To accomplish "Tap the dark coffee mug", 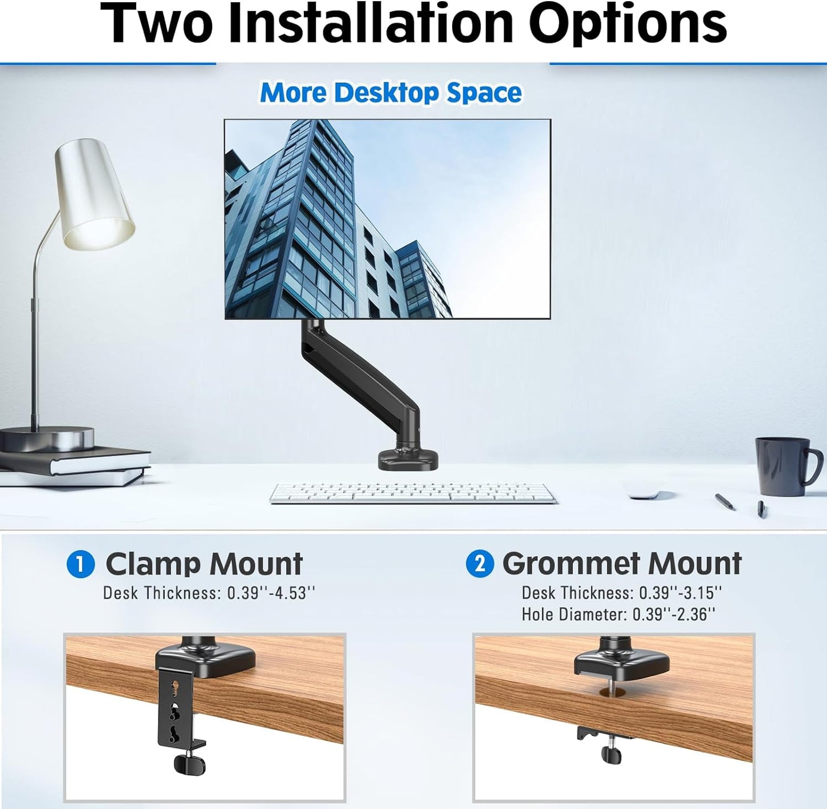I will click(x=785, y=466).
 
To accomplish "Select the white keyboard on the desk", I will click(x=412, y=492).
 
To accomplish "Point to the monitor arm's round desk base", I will click(x=407, y=459).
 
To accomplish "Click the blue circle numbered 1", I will click(x=80, y=564).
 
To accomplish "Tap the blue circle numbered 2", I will click(x=480, y=564).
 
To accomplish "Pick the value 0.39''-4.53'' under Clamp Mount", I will click(x=271, y=593).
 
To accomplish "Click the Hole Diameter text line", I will click(x=618, y=615).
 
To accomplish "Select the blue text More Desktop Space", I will click(x=391, y=93).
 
